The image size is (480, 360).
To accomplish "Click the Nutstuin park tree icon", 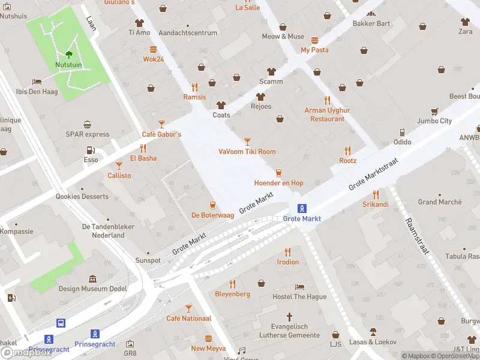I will tap(69, 54).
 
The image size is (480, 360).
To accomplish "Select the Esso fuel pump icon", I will tap(91, 151).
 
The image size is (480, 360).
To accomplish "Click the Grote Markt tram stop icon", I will tap(302, 209).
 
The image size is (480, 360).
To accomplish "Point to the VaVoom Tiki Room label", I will tap(247, 151).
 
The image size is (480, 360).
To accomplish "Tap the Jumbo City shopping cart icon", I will tap(434, 111).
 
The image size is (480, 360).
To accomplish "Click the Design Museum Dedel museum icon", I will tap(92, 279).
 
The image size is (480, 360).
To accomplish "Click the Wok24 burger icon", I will tap(154, 50).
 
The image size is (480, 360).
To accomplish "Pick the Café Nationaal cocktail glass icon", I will tap(188, 308).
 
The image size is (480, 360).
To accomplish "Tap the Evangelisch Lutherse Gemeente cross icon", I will tap(289, 316).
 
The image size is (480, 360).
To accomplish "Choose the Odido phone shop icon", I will tap(402, 132).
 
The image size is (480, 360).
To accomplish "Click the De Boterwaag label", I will tap(212, 215).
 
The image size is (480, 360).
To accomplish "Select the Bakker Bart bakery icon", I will tap(371, 14).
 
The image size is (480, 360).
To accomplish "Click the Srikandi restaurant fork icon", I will tap(376, 194).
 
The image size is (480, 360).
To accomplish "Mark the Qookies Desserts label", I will tap(82, 196).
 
